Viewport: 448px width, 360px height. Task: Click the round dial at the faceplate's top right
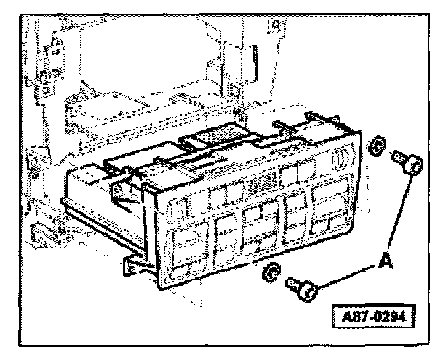pyautogui.click(x=339, y=155)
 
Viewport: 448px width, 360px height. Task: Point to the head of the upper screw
pyautogui.click(x=412, y=167)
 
